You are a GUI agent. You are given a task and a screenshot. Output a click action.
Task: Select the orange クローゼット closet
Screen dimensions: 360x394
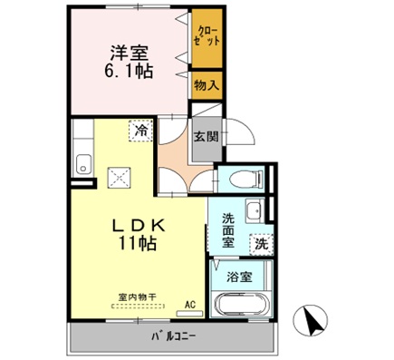pyautogui.click(x=206, y=40)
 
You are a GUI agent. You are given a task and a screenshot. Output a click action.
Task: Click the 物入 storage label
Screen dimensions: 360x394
pyautogui.click(x=206, y=85)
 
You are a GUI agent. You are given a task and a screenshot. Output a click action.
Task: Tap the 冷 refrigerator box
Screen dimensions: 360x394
pyautogui.click(x=140, y=131)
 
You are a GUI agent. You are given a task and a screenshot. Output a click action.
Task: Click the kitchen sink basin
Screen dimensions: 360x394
pyautogui.click(x=82, y=165)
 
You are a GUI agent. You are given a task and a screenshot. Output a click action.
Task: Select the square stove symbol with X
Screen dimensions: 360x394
pyautogui.click(x=118, y=176)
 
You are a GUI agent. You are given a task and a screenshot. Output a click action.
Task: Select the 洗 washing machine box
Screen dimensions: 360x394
pyautogui.click(x=261, y=243)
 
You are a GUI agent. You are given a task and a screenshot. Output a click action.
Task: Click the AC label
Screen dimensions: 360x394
pyautogui.click(x=191, y=305)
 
